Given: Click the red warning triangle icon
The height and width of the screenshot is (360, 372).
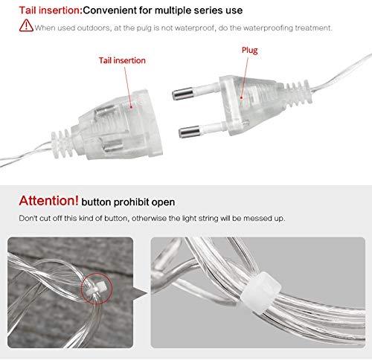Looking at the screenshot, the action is click(26, 25).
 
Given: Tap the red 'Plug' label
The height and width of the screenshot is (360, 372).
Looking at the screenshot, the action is click(250, 51).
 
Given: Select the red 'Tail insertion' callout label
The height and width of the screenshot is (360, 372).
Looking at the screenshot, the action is click(122, 60).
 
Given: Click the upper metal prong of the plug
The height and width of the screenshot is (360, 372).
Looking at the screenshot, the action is click(183, 94).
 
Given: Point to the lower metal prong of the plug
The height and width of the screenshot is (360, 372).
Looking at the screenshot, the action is click(189, 132).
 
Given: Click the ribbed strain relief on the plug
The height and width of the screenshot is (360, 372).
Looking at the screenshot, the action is click(298, 94).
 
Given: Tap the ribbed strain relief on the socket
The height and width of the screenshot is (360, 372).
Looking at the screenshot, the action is click(62, 144).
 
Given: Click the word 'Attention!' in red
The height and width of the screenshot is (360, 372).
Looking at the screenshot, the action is click(48, 201).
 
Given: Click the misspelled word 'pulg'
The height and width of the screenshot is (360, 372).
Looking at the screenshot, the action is click(144, 28).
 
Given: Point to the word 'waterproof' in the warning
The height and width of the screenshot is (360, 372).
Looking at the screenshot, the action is click(194, 28).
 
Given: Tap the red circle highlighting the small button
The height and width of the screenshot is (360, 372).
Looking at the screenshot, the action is click(97, 289).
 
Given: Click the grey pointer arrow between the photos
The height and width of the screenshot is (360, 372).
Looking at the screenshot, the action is click(140, 292).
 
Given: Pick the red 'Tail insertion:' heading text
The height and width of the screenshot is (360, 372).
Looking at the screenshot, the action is click(51, 10).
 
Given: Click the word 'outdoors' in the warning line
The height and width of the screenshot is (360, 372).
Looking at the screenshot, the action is click(94, 28).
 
